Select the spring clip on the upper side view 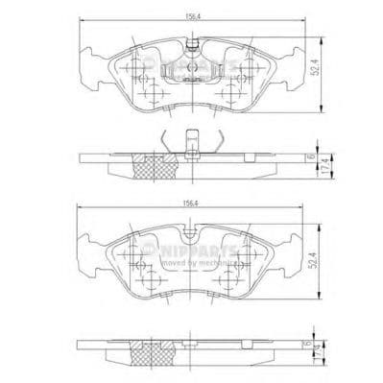pyautogui.click(x=192, y=141)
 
